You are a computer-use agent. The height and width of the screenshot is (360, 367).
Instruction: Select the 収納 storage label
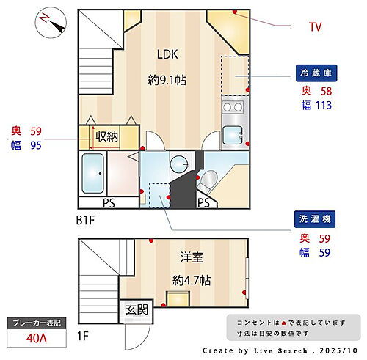105,136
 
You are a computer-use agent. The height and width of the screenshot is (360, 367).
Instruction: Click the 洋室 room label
192,257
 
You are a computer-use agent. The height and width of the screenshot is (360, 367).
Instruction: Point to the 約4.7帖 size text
192,280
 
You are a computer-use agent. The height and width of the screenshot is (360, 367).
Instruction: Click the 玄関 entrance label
135,309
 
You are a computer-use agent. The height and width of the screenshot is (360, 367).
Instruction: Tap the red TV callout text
315,28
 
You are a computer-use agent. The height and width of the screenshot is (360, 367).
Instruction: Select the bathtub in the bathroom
93,174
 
